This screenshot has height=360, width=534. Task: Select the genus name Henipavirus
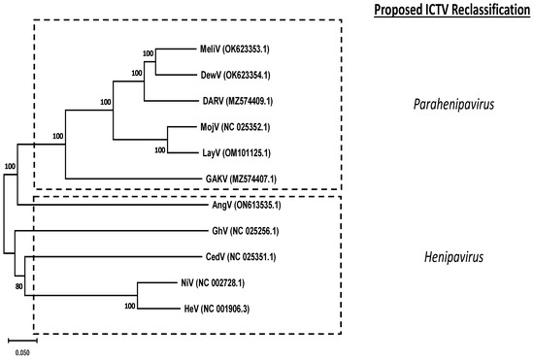click(x=440, y=256)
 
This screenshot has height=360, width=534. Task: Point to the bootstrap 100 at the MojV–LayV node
click(x=159, y=149)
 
